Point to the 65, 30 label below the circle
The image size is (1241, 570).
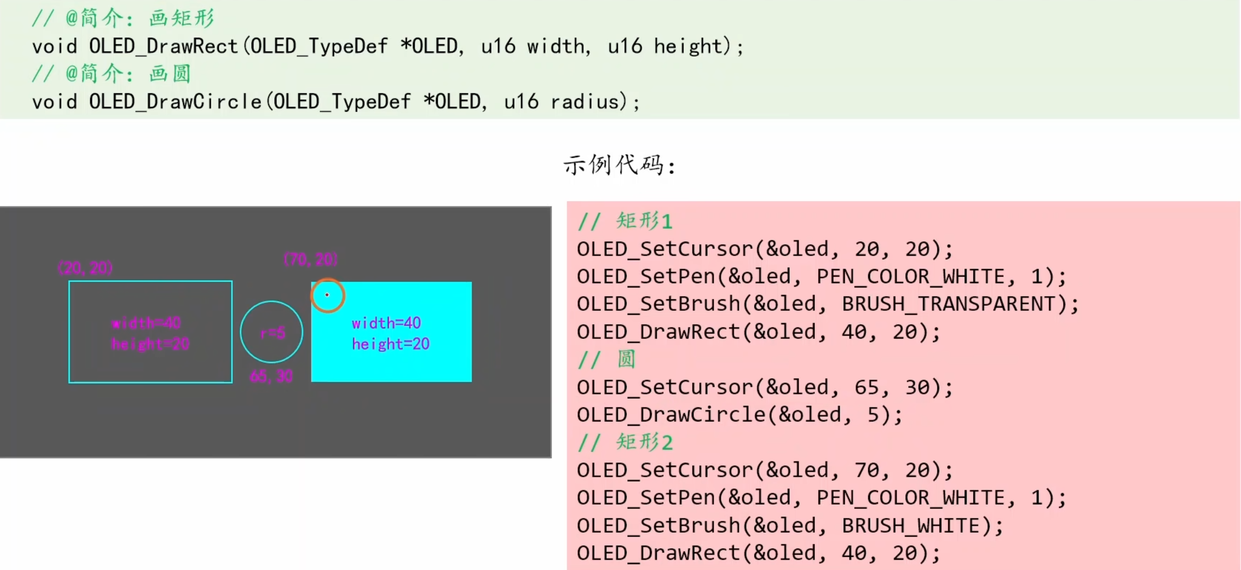[x=271, y=376]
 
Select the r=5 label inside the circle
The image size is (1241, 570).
[x=272, y=333]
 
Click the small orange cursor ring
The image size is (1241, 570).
[x=327, y=295]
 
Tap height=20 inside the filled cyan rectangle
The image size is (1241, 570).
[x=391, y=344]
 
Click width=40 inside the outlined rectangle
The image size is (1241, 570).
[x=146, y=323]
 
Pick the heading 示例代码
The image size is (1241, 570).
[x=619, y=165]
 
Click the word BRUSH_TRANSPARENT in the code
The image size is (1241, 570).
[x=948, y=304]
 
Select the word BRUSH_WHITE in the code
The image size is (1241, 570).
[x=911, y=526]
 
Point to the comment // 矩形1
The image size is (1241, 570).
[x=625, y=221]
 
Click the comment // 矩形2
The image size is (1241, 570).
[x=625, y=442]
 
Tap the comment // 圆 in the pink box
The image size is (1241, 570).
[x=607, y=359]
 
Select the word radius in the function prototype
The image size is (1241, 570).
[x=584, y=102]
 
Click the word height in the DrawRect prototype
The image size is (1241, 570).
[x=688, y=46]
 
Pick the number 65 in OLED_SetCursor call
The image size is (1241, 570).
[x=867, y=387]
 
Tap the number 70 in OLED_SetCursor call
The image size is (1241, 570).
[x=867, y=470]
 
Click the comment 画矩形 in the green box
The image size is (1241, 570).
[x=182, y=18]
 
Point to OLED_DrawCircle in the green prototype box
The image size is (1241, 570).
[x=175, y=102]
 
